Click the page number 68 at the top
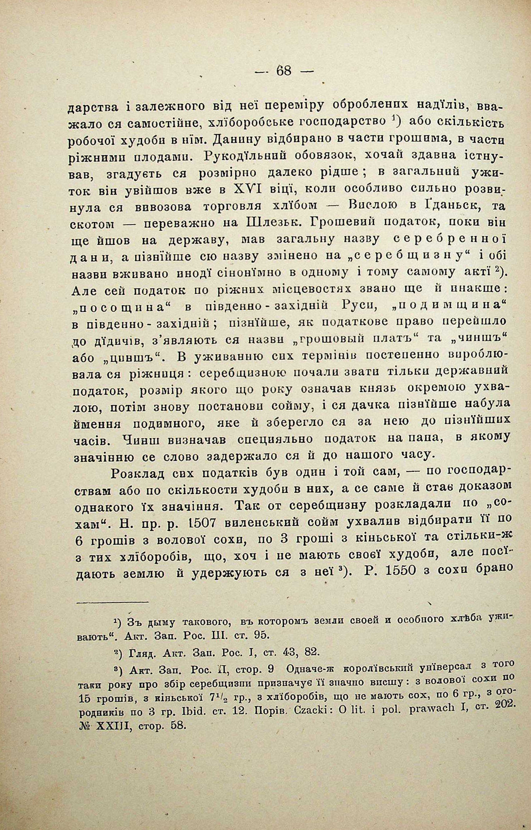coord(284,71)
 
